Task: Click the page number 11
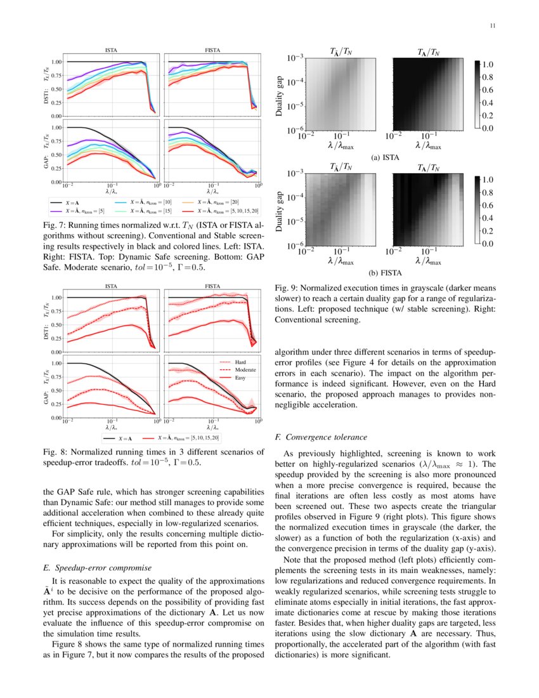point(492,26)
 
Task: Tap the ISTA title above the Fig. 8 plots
point(110,286)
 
